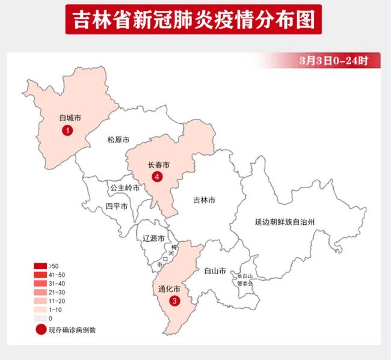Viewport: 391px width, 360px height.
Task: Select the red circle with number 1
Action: (x=69, y=130)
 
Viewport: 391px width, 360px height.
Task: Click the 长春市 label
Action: (x=158, y=164)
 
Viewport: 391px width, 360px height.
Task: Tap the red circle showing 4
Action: (x=158, y=177)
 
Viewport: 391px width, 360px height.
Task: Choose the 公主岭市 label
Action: (x=125, y=188)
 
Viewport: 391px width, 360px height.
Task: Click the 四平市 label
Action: (x=116, y=206)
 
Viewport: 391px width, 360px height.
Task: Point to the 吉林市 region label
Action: (x=204, y=200)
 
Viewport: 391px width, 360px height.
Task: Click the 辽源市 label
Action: (x=153, y=239)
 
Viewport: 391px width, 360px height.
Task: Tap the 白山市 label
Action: (x=215, y=271)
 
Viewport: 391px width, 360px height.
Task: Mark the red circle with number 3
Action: (x=174, y=301)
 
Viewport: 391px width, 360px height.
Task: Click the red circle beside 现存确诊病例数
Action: (x=40, y=329)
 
